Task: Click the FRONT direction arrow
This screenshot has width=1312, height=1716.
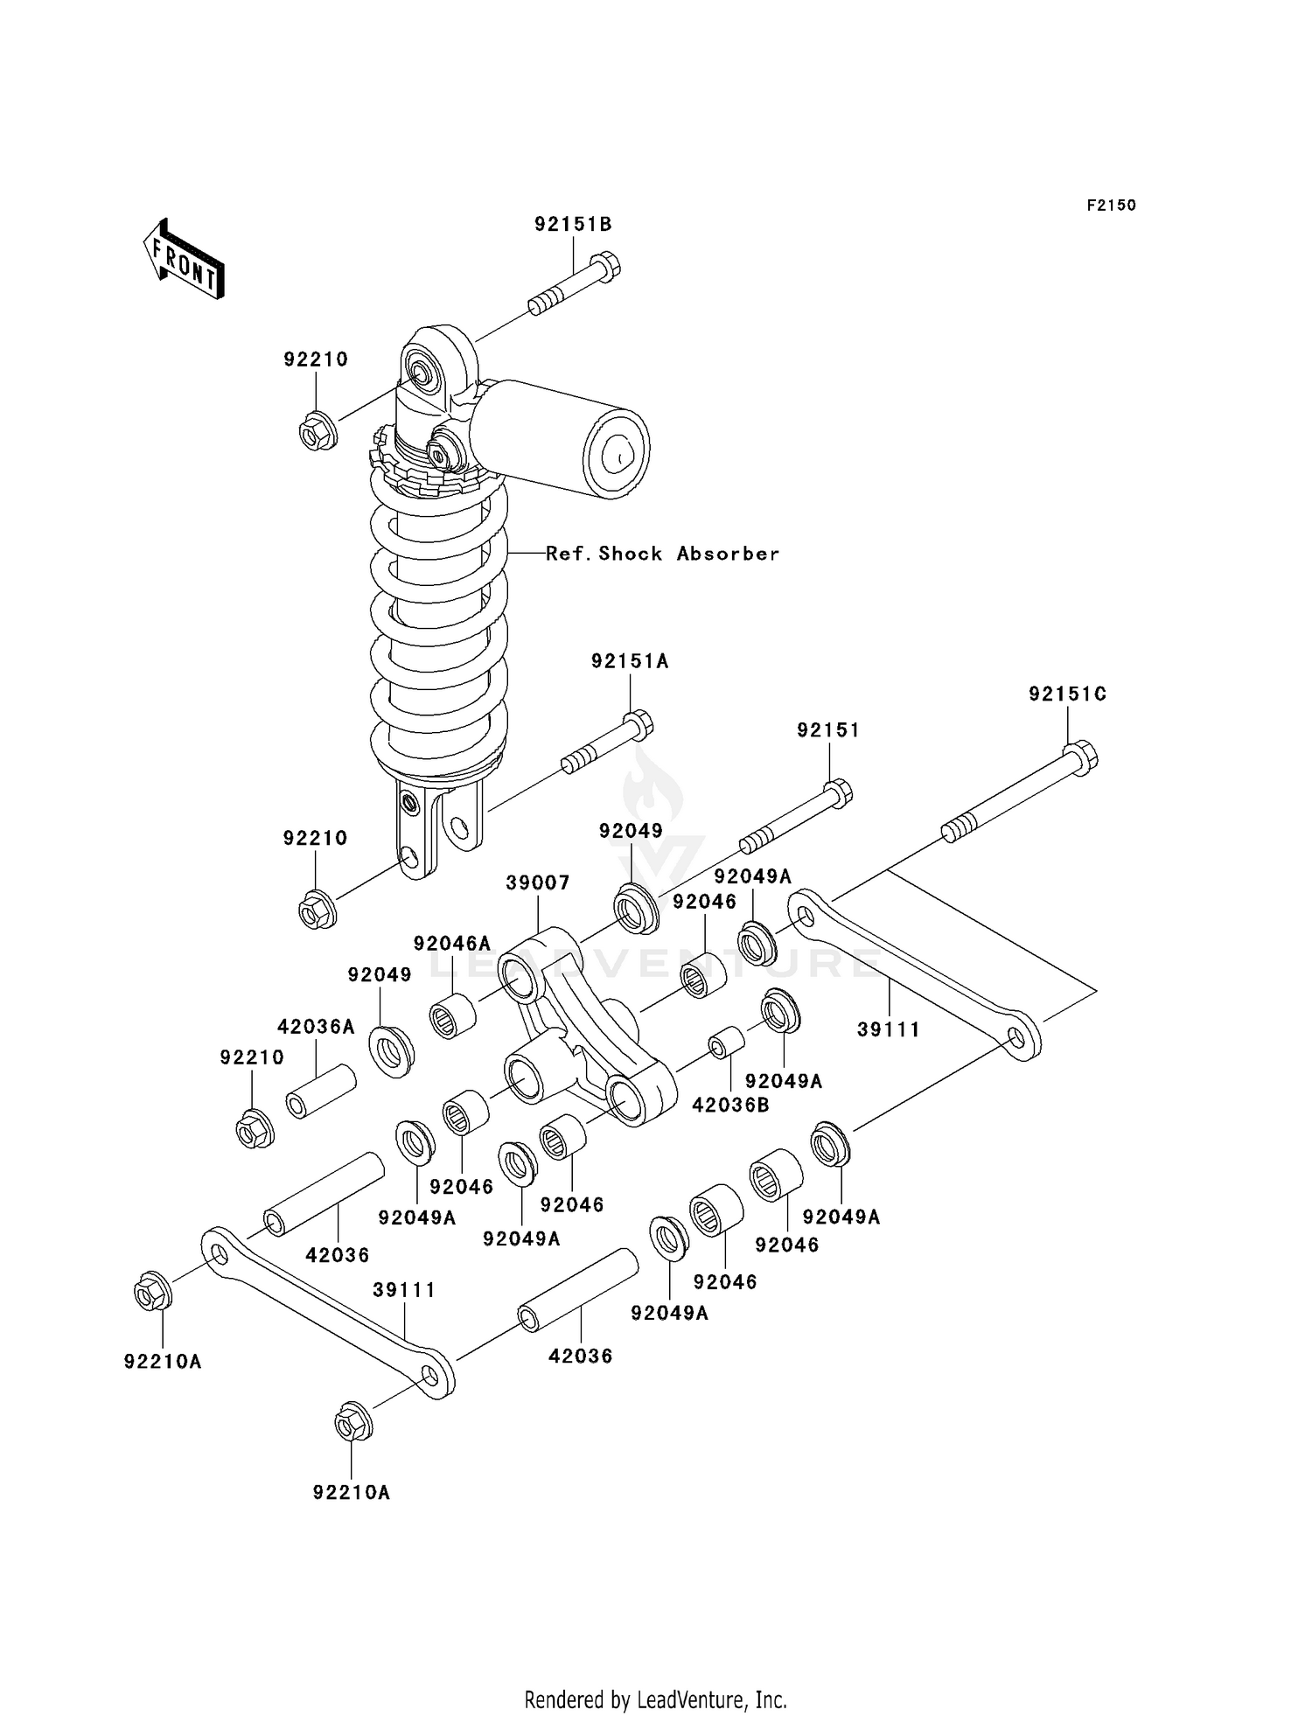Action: (184, 261)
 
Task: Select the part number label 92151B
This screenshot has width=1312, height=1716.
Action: (573, 224)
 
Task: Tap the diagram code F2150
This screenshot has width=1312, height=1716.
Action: (1111, 206)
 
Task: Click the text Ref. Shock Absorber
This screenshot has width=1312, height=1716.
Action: (662, 554)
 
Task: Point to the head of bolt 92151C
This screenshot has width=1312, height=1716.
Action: (1082, 757)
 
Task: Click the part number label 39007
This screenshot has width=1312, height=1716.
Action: (537, 883)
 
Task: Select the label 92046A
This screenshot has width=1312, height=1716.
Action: (451, 944)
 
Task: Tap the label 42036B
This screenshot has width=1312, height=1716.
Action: (730, 1106)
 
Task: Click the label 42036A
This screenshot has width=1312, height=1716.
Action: (316, 1027)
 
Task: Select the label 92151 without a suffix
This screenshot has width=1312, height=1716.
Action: (827, 730)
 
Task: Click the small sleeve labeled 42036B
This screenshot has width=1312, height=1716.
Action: (726, 1043)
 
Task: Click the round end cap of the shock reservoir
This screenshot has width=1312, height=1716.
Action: (616, 454)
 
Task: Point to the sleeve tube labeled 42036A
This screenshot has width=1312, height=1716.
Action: (321, 1091)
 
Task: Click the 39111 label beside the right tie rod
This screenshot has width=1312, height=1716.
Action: (888, 1029)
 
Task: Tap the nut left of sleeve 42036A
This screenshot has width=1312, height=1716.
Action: (255, 1128)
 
